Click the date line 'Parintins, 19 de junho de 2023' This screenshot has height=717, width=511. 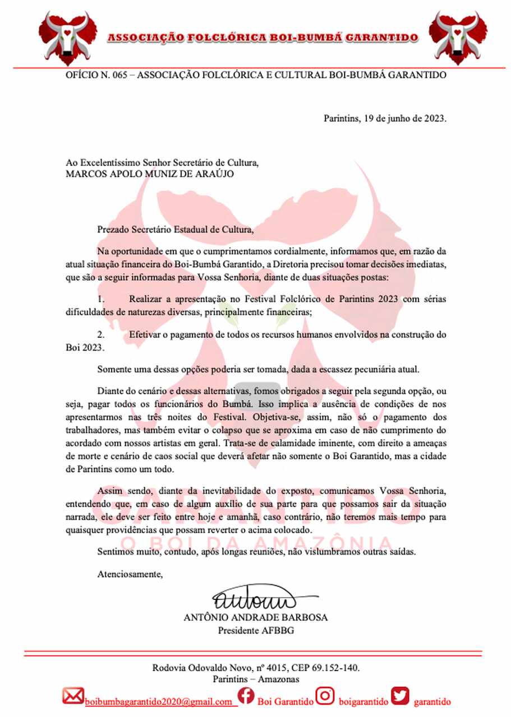pos(385,118)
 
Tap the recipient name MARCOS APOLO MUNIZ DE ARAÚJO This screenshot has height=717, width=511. pos(150,174)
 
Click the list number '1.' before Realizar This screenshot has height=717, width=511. pos(102,299)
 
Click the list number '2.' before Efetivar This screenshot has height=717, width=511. pos(102,334)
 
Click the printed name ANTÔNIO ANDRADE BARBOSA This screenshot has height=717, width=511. pos(256,618)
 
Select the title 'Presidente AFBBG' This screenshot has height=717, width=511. pos(256,630)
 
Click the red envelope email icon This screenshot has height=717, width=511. pos(73,696)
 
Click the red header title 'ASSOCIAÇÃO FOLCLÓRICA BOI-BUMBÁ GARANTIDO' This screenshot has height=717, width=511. pos(263,38)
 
